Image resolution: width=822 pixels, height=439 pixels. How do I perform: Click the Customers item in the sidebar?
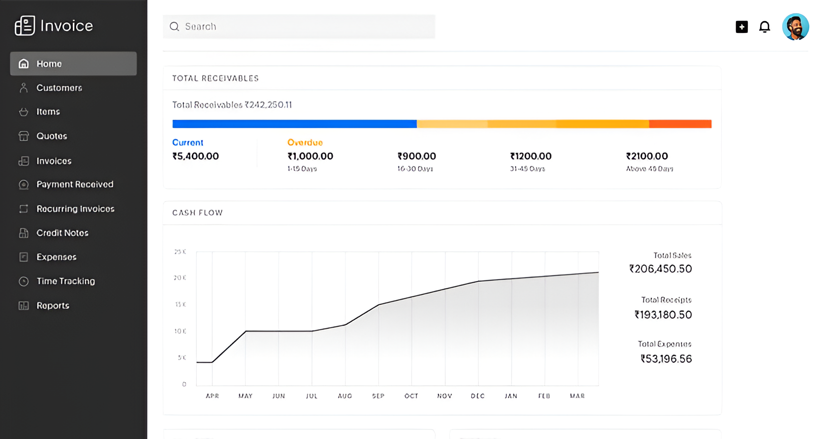[x=59, y=88]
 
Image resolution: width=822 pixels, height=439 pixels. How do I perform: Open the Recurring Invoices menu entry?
[x=75, y=209]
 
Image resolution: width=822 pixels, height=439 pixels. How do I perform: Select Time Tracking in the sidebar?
[x=65, y=281]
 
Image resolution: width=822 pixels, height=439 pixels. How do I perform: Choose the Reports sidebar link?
[x=52, y=305]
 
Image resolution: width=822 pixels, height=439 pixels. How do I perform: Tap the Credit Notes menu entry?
[x=62, y=233]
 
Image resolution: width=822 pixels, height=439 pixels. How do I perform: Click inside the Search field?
[x=299, y=26]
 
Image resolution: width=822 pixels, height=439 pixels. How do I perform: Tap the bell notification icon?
[x=764, y=27]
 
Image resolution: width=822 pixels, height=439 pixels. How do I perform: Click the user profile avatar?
[x=795, y=27]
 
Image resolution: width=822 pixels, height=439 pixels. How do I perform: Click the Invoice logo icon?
[x=25, y=25]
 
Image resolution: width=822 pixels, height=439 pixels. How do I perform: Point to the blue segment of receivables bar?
[x=294, y=124]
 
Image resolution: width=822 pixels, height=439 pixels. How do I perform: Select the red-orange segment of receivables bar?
[x=680, y=124]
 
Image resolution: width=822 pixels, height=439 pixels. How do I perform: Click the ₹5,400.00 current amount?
[x=196, y=156]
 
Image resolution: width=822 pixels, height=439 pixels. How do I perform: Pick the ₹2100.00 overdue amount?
[x=647, y=156]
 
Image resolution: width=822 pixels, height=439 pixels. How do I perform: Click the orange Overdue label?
[x=305, y=143]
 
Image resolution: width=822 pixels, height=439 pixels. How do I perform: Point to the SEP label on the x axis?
[x=378, y=396]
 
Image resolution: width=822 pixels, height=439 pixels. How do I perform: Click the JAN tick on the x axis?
[x=511, y=396]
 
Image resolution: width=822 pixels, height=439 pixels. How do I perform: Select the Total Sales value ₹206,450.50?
[x=660, y=269]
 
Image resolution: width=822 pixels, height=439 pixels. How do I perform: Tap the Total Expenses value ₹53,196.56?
[x=666, y=359]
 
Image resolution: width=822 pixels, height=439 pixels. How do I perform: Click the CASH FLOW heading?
[x=197, y=213]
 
